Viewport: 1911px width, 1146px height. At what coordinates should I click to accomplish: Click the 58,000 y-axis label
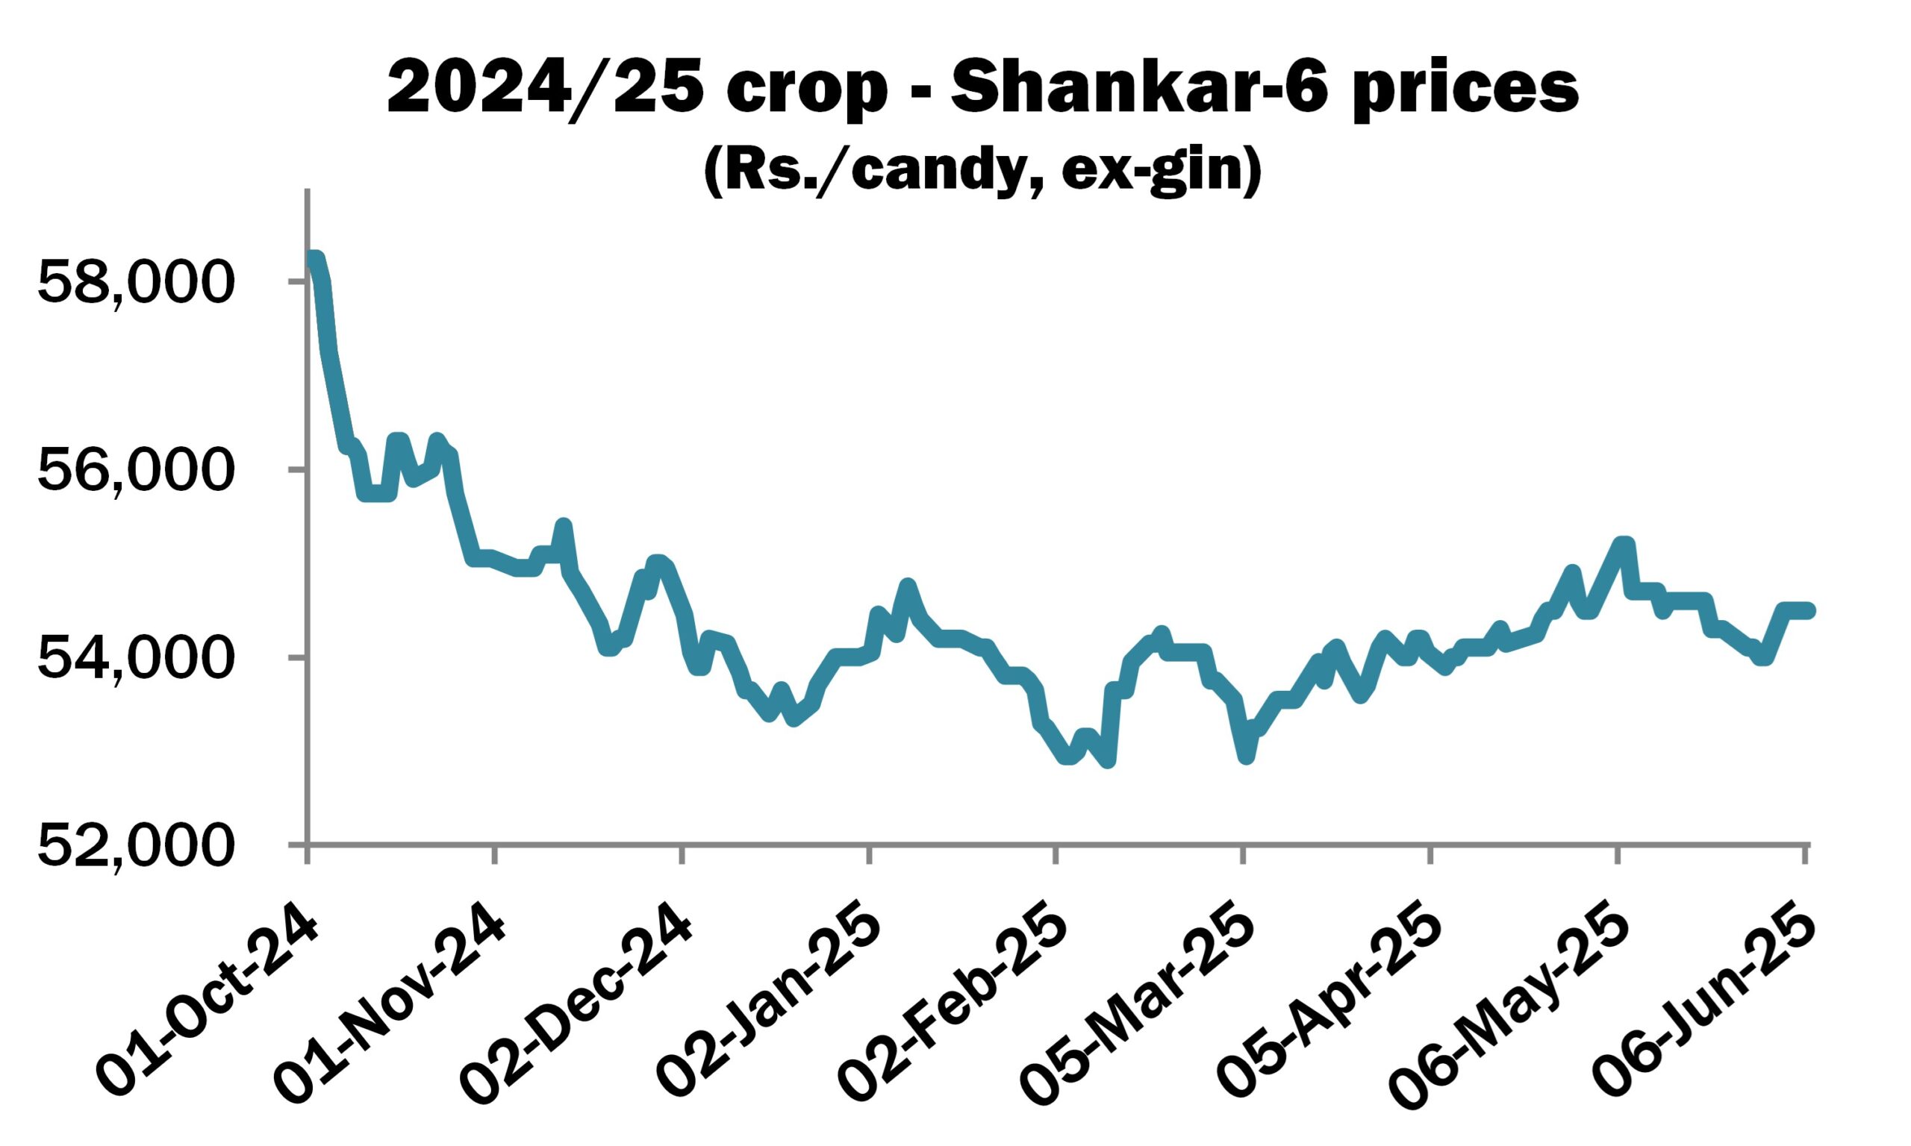(x=135, y=283)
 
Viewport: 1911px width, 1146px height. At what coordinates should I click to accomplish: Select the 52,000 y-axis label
(x=135, y=846)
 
